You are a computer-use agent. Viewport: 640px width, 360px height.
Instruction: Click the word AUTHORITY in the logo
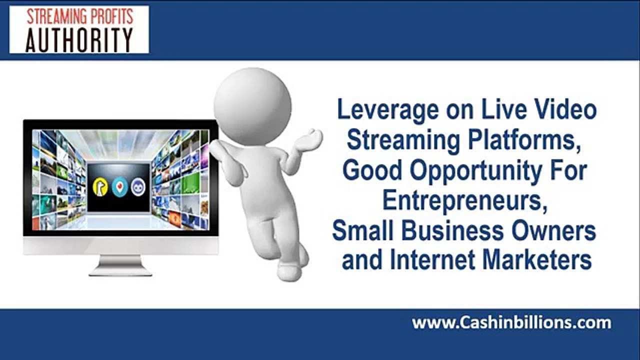tap(79, 40)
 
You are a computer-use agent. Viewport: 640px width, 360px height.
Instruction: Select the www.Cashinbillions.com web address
tap(511, 323)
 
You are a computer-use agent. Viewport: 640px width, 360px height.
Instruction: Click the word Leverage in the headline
tap(380, 110)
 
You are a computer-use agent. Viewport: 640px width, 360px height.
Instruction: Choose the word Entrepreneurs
tap(463, 200)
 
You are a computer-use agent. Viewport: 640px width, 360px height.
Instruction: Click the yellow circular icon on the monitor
tap(100, 187)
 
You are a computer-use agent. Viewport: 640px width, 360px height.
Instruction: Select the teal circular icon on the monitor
tap(119, 187)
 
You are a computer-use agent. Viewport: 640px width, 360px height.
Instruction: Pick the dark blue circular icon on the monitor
tap(137, 187)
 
